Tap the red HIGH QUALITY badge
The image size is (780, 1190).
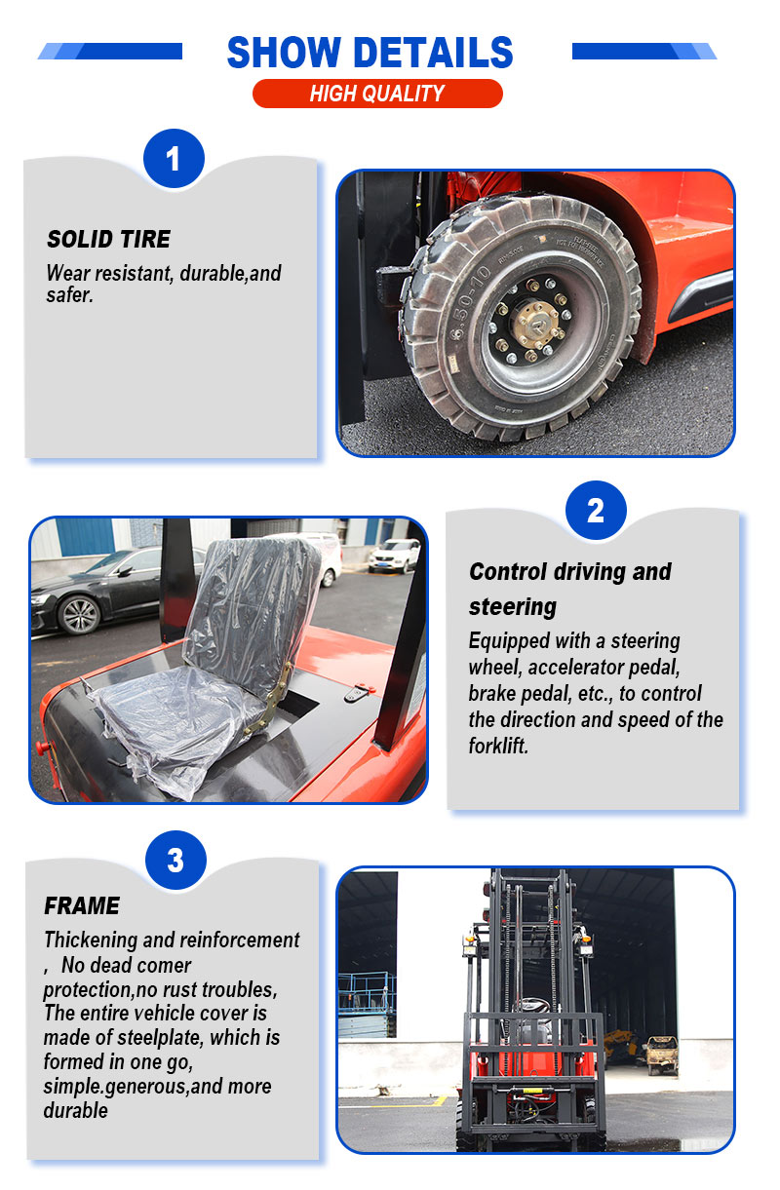click(377, 94)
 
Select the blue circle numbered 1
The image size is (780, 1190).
click(174, 158)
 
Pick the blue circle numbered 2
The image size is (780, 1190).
click(596, 511)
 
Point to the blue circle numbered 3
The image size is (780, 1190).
click(175, 860)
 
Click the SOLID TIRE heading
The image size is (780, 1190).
click(109, 239)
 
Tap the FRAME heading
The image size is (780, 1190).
click(82, 905)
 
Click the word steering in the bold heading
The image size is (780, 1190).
click(512, 606)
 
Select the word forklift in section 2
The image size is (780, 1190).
click(498, 746)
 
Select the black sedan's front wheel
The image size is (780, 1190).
click(79, 615)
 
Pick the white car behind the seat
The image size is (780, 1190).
click(394, 556)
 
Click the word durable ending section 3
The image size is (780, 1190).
click(75, 1111)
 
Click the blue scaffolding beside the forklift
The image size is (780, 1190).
click(367, 1003)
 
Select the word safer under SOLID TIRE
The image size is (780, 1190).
click(69, 295)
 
